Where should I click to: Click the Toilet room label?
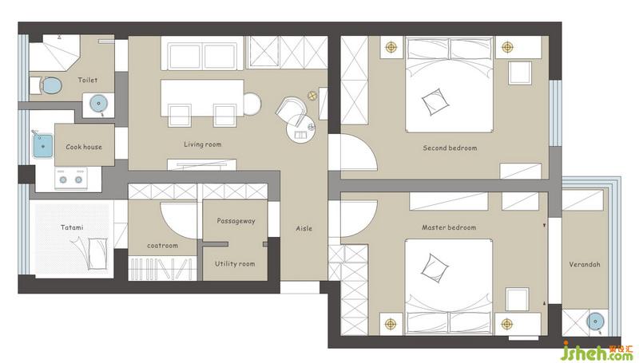[x=88, y=80]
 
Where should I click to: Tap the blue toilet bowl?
[x=52, y=86]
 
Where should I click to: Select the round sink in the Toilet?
[x=98, y=104]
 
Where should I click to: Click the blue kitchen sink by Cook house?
[x=43, y=146]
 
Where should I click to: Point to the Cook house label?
[x=84, y=147]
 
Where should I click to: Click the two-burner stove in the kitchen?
[x=71, y=179]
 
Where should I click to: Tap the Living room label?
[x=203, y=144]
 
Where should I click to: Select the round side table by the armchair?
[x=301, y=130]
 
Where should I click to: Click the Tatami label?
[x=72, y=227]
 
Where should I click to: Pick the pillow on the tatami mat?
[x=97, y=254]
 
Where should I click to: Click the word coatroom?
[x=163, y=246]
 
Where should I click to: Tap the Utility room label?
[x=235, y=264]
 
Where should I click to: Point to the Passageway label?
[x=236, y=221]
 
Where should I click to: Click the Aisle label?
[x=304, y=229]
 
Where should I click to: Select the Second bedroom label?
[x=450, y=148]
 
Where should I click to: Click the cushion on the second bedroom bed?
[x=435, y=102]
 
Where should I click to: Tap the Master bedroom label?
[x=449, y=227]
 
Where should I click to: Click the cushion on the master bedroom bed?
[x=435, y=268]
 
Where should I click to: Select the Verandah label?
[x=585, y=265]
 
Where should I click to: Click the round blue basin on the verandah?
[x=595, y=322]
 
